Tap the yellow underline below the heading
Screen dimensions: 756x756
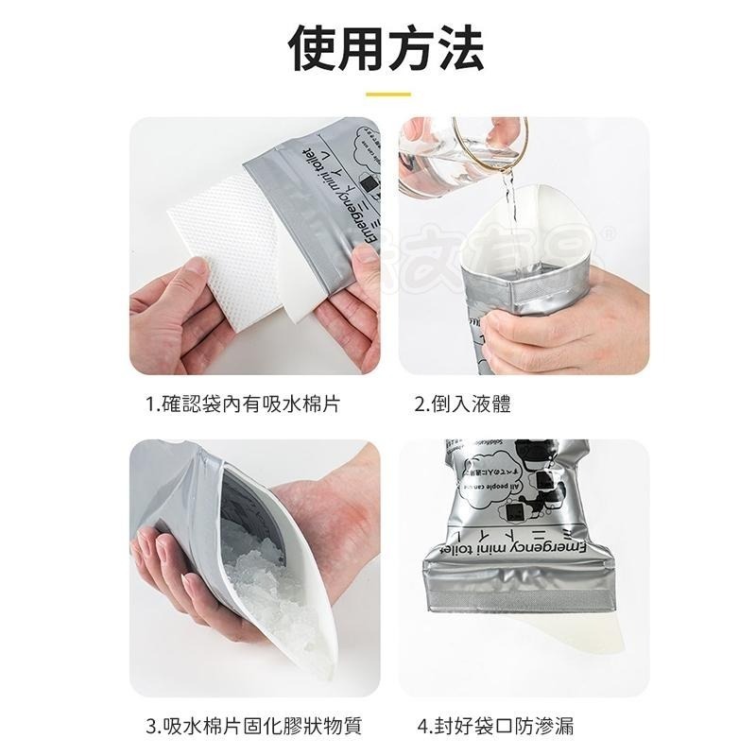tap(387, 94)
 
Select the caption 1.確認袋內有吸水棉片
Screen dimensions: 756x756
tap(243, 404)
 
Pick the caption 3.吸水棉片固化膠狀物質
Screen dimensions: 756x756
tap(254, 727)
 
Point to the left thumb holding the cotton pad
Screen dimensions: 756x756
tap(194, 283)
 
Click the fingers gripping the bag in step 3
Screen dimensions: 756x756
tap(170, 576)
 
